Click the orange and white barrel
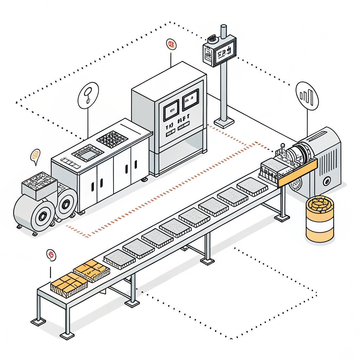pyautogui.click(x=320, y=219)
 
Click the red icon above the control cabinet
pyautogui.click(x=171, y=45)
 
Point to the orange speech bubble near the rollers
pyautogui.click(x=35, y=155)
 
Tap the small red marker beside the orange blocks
pyautogui.click(x=51, y=255)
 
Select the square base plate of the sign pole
pyautogui.click(x=224, y=123)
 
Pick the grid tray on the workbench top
pyautogui.click(x=111, y=139)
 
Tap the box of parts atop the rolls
pyautogui.click(x=39, y=185)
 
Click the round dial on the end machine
pyautogui.click(x=327, y=182)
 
